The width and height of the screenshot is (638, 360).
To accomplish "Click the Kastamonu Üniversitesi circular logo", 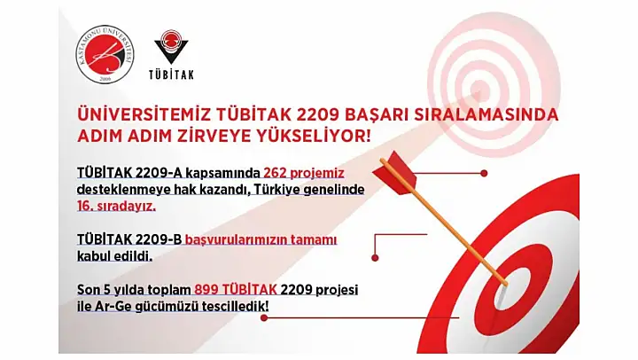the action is (105, 54).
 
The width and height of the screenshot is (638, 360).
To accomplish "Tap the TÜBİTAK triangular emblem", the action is (171, 46).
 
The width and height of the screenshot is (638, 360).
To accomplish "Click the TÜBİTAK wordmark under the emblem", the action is (171, 74).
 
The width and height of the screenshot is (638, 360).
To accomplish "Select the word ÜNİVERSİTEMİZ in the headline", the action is (144, 115).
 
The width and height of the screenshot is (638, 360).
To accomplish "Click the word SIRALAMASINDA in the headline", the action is (486, 115).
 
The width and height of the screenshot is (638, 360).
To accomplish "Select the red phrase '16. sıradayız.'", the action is (116, 207).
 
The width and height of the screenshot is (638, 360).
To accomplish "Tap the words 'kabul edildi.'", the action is (114, 257).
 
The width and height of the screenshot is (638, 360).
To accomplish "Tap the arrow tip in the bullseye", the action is (505, 283).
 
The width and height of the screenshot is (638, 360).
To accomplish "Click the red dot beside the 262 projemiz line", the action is (484, 174).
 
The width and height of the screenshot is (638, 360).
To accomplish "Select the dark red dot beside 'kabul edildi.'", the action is (375, 258).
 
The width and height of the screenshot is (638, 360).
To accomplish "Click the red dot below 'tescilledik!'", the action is (264, 317).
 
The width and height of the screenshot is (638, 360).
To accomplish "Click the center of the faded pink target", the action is (479, 86).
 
